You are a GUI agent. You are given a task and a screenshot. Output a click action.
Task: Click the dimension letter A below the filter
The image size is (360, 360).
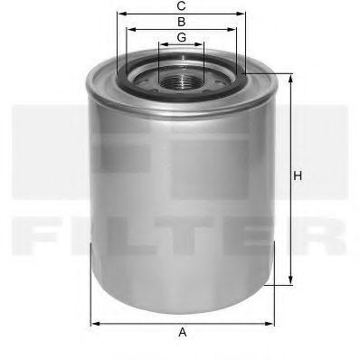(x=182, y=333)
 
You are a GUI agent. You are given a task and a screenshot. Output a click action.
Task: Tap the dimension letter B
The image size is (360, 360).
(x=182, y=21)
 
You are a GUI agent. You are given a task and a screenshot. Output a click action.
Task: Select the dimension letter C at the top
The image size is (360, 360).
(x=182, y=5)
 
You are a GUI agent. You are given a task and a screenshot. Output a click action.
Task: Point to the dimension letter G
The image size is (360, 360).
(x=182, y=37)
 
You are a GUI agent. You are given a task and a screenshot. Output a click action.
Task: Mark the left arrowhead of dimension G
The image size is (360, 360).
(x=159, y=45)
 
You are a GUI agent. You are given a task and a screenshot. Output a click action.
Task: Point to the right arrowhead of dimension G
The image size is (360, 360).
(x=204, y=45)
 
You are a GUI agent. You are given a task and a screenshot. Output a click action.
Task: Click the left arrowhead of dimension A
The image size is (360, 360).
(x=91, y=322)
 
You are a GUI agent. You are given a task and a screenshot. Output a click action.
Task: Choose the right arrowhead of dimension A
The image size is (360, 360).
(x=273, y=322)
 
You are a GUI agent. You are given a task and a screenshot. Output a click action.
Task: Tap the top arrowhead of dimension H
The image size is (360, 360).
(x=289, y=76)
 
